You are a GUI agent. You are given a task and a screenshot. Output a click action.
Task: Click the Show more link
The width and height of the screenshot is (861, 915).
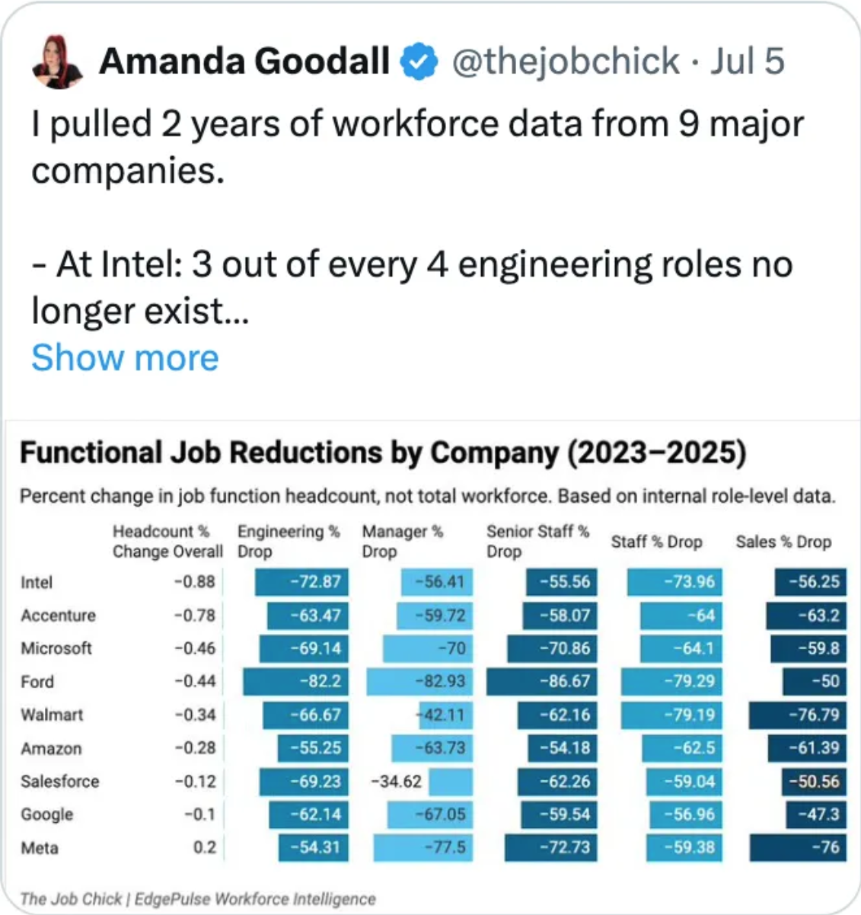click(x=125, y=358)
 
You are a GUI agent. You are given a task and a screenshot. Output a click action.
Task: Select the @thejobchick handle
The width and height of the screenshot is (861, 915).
click(x=566, y=62)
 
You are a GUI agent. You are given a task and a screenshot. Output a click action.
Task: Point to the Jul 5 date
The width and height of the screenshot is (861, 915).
click(x=747, y=62)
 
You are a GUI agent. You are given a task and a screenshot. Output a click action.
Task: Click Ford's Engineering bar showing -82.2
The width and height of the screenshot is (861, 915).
click(x=295, y=681)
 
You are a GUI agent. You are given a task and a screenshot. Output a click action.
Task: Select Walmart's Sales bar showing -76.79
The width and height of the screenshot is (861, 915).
click(x=797, y=715)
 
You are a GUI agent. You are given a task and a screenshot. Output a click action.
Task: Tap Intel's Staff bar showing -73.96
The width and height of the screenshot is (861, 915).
click(x=674, y=582)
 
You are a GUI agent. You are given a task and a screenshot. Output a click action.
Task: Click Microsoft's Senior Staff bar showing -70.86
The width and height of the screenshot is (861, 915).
click(x=552, y=648)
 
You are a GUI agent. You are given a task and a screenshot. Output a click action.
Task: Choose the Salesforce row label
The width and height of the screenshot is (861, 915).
click(x=60, y=782)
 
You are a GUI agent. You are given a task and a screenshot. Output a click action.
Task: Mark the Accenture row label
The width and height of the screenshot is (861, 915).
click(x=59, y=616)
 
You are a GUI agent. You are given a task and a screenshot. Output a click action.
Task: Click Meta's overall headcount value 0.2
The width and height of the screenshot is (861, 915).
click(x=205, y=847)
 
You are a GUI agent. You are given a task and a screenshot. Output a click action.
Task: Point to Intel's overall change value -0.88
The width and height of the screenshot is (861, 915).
click(x=195, y=582)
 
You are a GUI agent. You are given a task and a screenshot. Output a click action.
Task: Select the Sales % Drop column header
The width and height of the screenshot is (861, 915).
click(x=783, y=542)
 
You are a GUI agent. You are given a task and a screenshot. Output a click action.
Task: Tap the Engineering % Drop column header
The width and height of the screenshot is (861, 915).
click(x=288, y=541)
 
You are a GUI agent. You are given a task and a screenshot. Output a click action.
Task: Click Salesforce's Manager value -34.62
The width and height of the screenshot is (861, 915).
click(x=397, y=782)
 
